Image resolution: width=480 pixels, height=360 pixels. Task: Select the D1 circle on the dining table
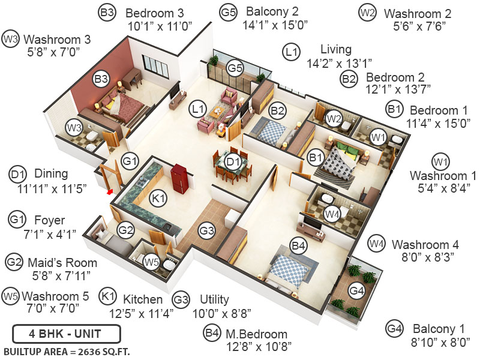(233, 161)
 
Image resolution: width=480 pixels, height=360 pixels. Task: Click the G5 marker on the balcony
(235, 68)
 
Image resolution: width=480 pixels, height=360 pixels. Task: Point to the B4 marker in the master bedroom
(298, 245)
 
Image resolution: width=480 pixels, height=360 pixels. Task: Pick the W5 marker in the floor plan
(151, 261)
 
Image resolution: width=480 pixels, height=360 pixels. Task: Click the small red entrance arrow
(109, 193)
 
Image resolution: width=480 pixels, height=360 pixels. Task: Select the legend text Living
(336, 50)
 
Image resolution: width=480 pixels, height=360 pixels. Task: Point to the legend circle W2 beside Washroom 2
(367, 11)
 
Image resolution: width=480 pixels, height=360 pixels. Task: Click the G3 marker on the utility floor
(207, 230)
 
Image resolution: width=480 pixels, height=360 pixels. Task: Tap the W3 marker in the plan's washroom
(74, 127)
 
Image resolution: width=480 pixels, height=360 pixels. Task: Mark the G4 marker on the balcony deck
(356, 292)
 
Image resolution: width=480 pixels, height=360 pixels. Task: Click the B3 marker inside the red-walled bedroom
(100, 78)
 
